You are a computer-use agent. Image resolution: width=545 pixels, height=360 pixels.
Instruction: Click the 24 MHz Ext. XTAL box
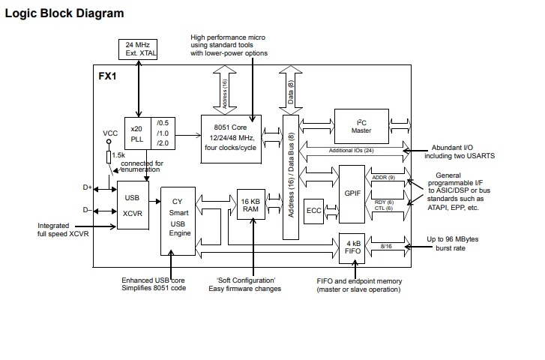[x=138, y=49]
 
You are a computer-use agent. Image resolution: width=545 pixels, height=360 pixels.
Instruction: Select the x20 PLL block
[x=138, y=133]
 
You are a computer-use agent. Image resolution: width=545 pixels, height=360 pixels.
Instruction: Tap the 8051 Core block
[x=231, y=139]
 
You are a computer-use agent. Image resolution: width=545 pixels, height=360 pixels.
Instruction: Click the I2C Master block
[x=361, y=126]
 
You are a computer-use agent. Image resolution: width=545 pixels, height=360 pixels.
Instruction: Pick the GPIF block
[x=352, y=194]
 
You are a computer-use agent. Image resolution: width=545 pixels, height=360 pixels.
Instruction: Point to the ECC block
[x=313, y=211]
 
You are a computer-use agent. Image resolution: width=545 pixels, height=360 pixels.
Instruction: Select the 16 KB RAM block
[x=251, y=205]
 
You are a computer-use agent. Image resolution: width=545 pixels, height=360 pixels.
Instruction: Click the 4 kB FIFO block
[x=352, y=248]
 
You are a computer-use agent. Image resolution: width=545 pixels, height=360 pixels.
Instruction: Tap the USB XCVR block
[x=133, y=205]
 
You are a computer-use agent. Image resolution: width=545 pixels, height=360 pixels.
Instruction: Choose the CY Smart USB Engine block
[x=178, y=221]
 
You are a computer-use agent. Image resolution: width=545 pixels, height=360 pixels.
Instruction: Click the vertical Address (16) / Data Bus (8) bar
[x=291, y=178]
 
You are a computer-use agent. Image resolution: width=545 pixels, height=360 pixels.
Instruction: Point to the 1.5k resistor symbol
[x=109, y=157]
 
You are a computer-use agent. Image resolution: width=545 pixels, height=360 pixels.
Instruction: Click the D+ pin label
[x=87, y=187]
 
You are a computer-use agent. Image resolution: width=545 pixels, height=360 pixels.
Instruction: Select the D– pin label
[x=87, y=210]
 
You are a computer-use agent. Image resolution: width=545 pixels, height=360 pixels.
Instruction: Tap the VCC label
[x=110, y=133]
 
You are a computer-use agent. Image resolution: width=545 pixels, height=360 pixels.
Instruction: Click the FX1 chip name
[x=107, y=76]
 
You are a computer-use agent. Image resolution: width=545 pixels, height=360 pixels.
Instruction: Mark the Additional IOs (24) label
[x=352, y=151]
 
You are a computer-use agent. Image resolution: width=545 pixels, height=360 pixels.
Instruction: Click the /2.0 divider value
[x=163, y=143]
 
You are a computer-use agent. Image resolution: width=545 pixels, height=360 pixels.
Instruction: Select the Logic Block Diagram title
[x=64, y=13]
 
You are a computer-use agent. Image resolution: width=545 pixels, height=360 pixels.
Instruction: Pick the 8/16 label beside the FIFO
[x=386, y=246]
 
